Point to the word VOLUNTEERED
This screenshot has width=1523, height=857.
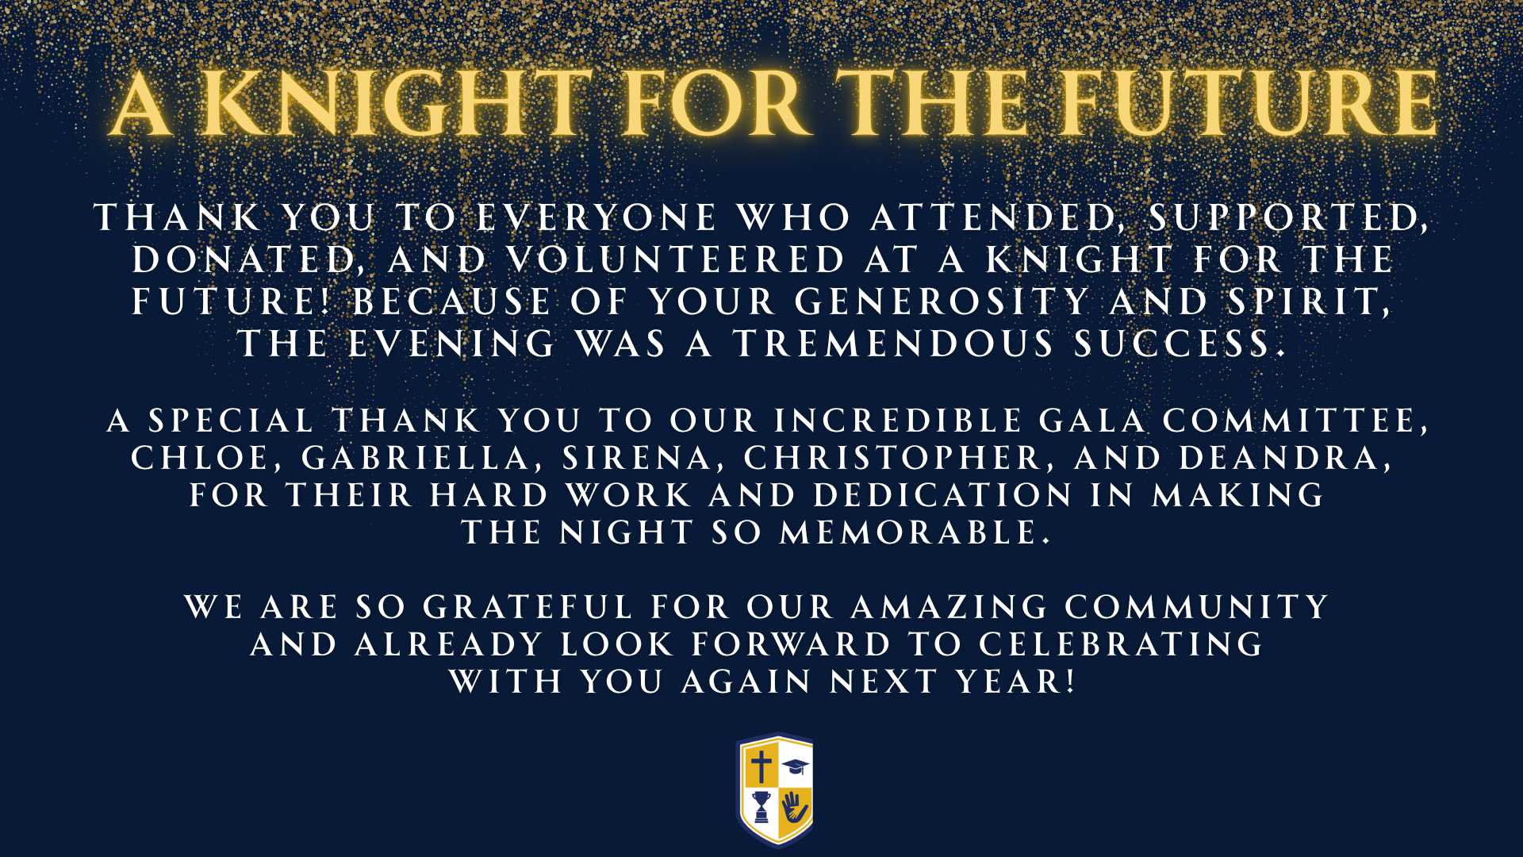(677, 259)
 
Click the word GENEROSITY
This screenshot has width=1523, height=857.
(942, 302)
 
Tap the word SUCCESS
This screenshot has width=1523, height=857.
(1179, 344)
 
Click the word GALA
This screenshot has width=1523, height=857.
(1092, 421)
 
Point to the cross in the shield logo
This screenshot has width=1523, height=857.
(761, 767)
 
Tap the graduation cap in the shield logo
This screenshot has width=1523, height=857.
(796, 767)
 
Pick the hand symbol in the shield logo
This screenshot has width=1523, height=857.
(795, 808)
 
